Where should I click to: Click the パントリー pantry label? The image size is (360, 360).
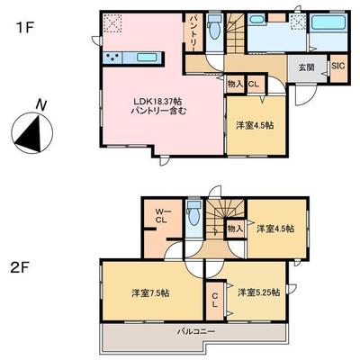pyautogui.click(x=193, y=32)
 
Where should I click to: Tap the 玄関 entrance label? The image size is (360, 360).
pyautogui.click(x=306, y=66)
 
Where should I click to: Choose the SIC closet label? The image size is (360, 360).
pyautogui.click(x=337, y=66)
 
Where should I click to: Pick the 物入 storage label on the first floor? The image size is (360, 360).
pyautogui.click(x=232, y=85)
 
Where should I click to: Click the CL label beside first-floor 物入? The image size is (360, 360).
pyautogui.click(x=253, y=85)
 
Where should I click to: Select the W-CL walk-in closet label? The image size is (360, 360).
pyautogui.click(x=162, y=214)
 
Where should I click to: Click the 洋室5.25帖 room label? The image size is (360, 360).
pyautogui.click(x=258, y=292)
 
